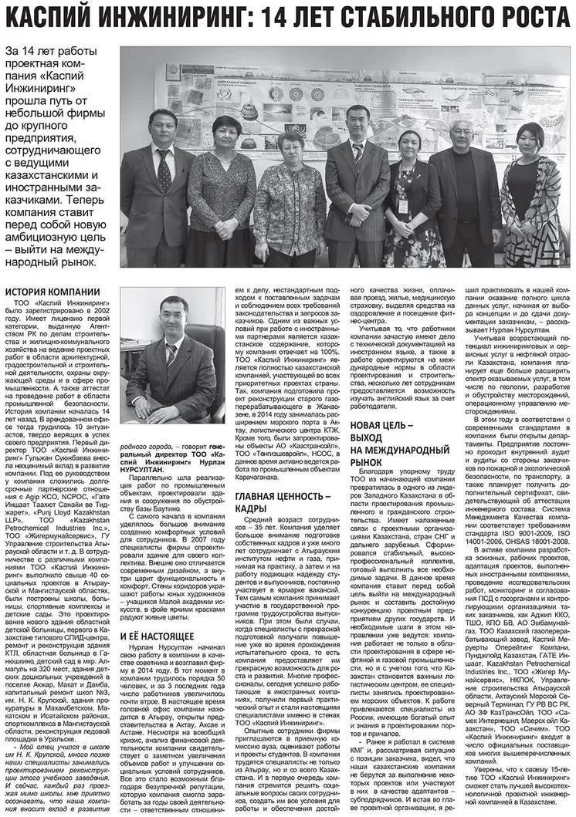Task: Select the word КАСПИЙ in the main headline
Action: coord(51,16)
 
